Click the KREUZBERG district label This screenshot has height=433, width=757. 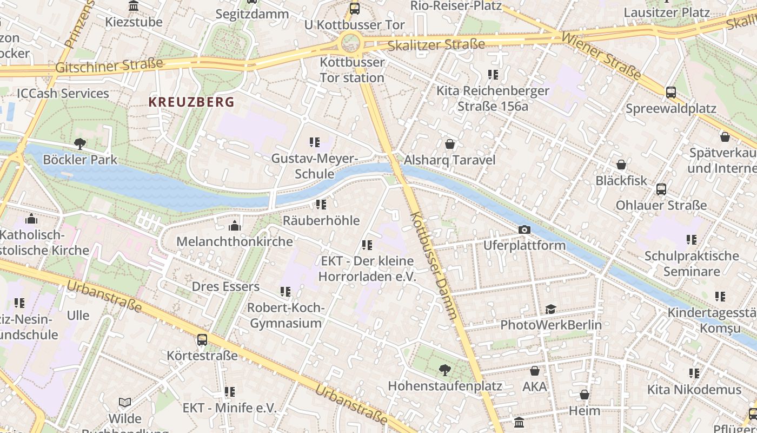click(x=191, y=102)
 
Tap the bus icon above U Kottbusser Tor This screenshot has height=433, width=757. click(x=354, y=8)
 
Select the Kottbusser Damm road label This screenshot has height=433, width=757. click(x=434, y=265)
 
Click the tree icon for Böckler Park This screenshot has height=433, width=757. click(x=80, y=144)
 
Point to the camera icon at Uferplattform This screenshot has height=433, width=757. click(x=524, y=230)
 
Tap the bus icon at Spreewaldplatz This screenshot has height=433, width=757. click(x=671, y=93)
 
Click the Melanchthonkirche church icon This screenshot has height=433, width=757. click(x=235, y=226)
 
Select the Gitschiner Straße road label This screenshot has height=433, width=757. click(x=109, y=65)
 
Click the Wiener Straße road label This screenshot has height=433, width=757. click(x=601, y=56)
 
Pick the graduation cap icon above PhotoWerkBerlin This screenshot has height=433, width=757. click(x=550, y=309)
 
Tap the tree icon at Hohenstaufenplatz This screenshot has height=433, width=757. click(x=445, y=370)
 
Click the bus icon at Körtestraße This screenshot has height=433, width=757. click(x=202, y=340)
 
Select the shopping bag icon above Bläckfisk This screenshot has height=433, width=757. click(x=621, y=165)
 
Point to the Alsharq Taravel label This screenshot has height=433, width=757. click(x=449, y=160)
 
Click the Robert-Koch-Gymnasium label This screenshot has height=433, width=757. click(x=285, y=316)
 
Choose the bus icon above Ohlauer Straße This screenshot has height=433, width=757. click(x=661, y=189)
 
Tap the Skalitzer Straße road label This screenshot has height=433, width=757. click(x=436, y=44)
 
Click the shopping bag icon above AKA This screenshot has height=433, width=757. click(x=535, y=371)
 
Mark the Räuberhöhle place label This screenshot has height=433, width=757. click(x=321, y=220)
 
